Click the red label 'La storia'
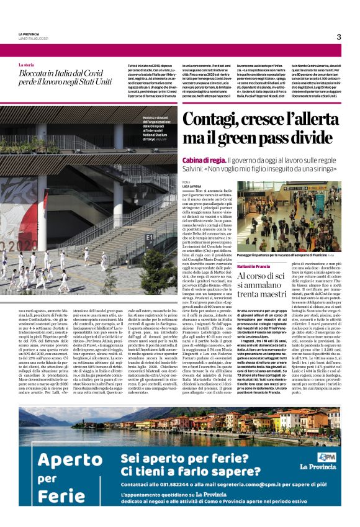[27, 65]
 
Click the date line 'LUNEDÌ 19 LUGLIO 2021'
[35, 38]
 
